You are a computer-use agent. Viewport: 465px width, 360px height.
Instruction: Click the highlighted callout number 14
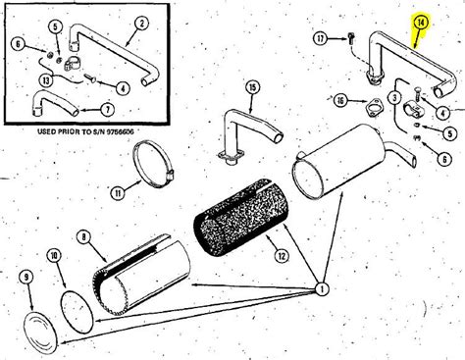421,23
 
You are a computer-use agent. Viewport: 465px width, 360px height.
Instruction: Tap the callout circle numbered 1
322,288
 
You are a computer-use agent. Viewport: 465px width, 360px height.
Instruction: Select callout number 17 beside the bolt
321,39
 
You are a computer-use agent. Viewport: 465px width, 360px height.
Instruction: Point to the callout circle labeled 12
282,255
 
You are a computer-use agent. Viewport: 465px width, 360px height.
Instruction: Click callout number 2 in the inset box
141,24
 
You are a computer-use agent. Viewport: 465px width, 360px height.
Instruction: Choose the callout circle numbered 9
26,278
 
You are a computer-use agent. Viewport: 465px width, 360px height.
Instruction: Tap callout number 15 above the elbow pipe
252,87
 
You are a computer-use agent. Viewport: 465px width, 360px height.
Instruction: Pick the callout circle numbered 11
118,193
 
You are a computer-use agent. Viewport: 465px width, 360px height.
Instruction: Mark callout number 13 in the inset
46,80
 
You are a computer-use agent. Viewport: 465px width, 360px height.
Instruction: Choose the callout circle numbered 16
341,101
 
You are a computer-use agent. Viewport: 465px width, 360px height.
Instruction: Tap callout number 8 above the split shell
84,236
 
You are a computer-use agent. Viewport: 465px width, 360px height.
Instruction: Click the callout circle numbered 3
394,97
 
